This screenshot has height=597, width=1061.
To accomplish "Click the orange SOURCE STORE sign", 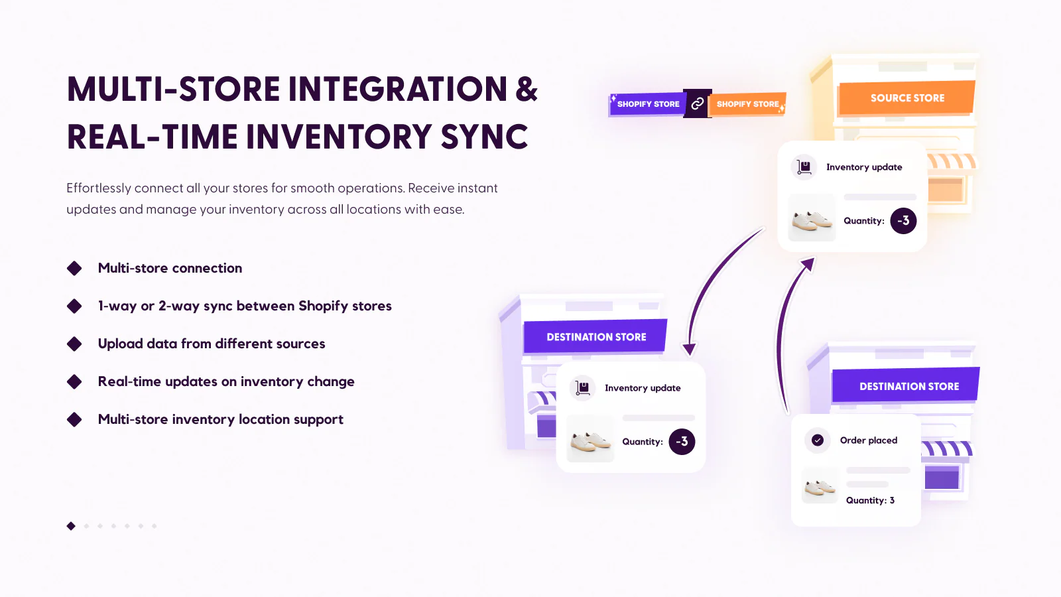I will (906, 98).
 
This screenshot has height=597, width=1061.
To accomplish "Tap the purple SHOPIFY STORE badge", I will (647, 104).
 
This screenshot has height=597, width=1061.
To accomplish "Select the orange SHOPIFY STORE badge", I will (747, 104).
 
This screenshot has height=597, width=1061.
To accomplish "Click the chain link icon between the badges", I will (697, 103).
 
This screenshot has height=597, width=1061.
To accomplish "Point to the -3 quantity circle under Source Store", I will (903, 221).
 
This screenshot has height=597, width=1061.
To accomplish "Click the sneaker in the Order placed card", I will (820, 487).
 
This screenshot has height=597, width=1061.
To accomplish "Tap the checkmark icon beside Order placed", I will (818, 440).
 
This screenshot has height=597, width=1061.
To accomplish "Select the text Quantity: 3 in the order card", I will (870, 501).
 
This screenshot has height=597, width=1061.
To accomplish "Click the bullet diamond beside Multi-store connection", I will (74, 268).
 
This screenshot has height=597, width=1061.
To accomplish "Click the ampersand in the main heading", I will (527, 90).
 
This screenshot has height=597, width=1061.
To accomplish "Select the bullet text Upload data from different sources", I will (212, 344).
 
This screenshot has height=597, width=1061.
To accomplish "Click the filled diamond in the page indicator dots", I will (71, 526).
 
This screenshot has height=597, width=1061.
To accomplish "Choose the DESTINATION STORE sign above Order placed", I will (908, 386).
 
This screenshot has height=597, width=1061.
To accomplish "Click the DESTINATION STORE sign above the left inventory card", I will (595, 337).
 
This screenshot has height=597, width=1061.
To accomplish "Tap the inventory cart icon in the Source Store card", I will (804, 167).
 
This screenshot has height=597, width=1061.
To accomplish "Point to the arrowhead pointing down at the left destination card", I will (690, 349).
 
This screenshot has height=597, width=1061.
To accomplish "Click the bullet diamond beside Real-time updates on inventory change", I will (74, 381).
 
